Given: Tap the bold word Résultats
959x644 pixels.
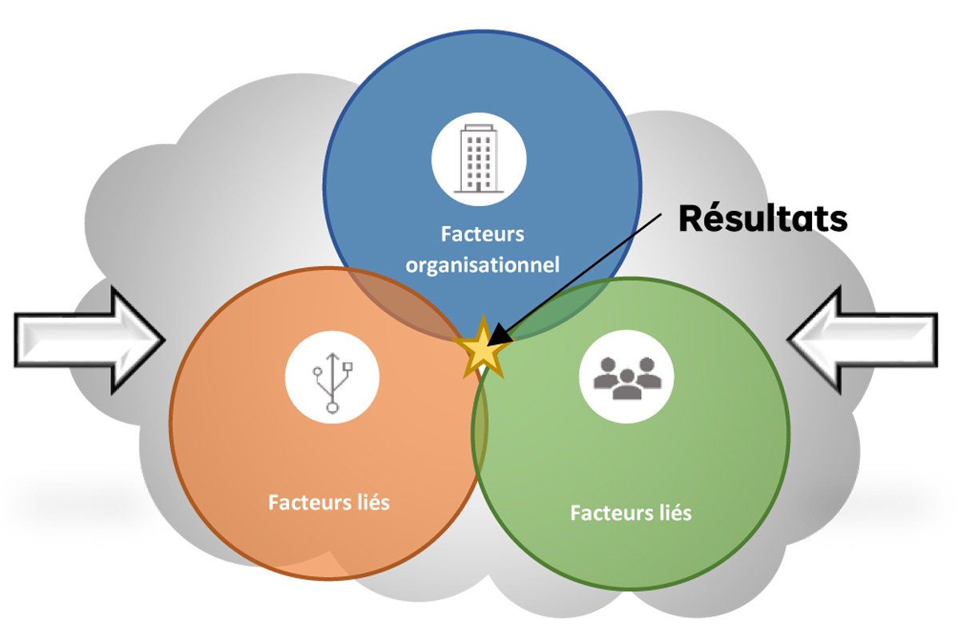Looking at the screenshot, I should click(762, 218).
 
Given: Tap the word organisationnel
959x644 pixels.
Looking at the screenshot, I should click(483, 264).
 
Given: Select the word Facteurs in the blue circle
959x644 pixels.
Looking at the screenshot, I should click(483, 235).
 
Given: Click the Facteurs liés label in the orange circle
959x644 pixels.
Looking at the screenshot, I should click(329, 503).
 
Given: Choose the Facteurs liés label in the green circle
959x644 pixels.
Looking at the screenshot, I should click(631, 511).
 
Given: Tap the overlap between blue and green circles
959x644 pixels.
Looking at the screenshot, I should click(559, 308).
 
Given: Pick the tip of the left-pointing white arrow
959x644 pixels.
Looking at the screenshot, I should click(790, 340).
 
